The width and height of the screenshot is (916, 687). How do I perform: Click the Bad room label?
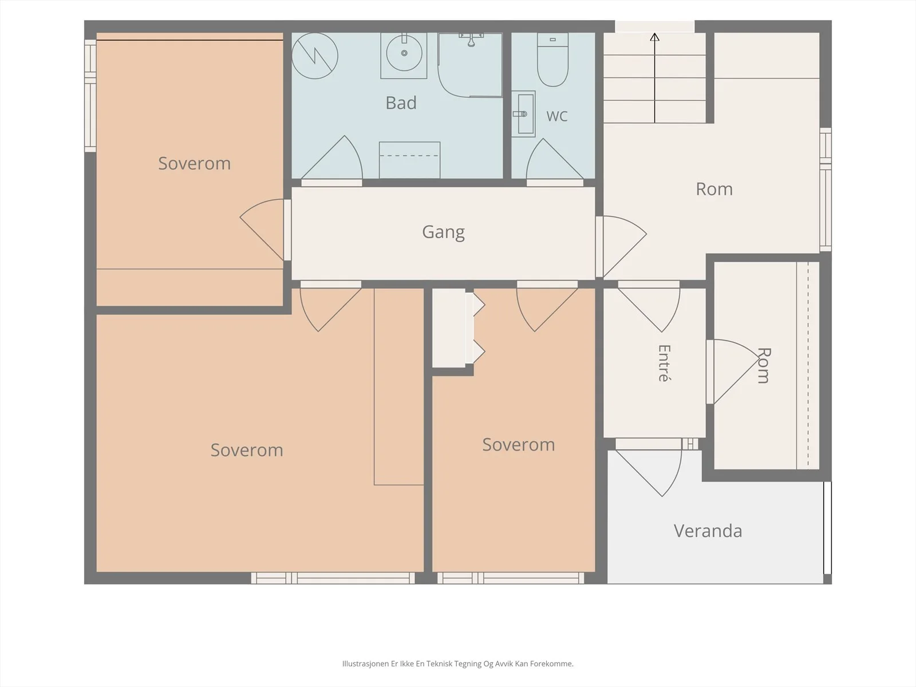click(x=401, y=103)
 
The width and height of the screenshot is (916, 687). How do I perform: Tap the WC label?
click(x=556, y=116)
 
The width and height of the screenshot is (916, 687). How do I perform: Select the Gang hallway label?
click(x=443, y=232)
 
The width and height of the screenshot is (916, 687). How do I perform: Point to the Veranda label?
click(x=708, y=531)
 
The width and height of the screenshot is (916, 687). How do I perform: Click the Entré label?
click(x=664, y=363)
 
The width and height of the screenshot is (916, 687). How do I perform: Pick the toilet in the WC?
click(x=552, y=60)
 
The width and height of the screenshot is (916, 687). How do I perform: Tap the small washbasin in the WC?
click(x=523, y=114)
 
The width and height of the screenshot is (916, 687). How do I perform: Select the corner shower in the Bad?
click(x=470, y=65)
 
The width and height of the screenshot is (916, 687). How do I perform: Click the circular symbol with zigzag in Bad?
click(x=315, y=56)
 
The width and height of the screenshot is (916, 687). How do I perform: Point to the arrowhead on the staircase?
click(x=654, y=37)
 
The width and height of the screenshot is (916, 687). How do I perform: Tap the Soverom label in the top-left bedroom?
click(x=195, y=164)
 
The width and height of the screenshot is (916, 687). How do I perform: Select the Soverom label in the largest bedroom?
click(x=247, y=450)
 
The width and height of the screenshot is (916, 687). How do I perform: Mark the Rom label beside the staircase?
click(x=714, y=189)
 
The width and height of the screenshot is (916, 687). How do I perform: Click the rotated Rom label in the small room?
click(x=764, y=365)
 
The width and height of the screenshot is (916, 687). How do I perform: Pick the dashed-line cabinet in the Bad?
click(x=409, y=160)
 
